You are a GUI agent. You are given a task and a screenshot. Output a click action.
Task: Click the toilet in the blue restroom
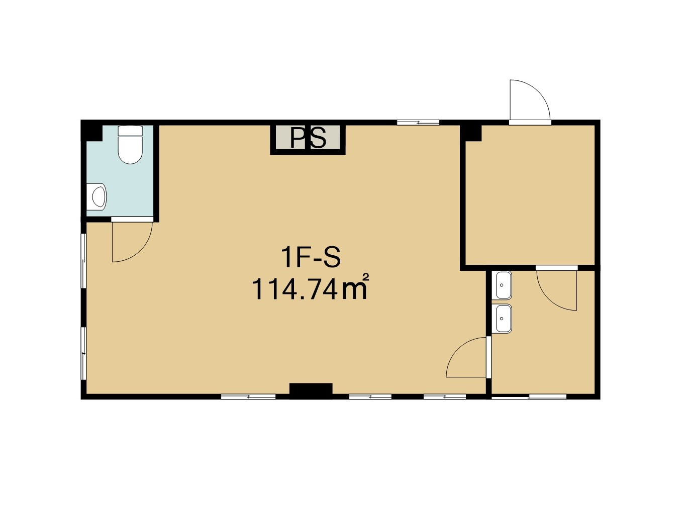[130, 144]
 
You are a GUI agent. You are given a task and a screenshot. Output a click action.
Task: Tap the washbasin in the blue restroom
[96, 197]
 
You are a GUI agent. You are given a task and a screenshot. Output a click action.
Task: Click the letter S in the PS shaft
[318, 138]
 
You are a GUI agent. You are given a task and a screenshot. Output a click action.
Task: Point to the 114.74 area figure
[294, 289]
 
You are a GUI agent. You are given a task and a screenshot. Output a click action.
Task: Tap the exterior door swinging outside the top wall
[530, 100]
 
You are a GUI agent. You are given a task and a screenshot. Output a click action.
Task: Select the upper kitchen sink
[502, 285]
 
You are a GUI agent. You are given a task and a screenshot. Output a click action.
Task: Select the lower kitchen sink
[502, 319]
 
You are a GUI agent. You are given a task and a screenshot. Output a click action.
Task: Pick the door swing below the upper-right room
[556, 290]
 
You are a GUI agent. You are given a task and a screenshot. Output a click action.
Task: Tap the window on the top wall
[418, 123]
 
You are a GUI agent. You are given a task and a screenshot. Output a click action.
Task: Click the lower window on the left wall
[83, 353]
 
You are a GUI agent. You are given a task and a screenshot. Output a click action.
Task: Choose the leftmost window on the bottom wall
[248, 396]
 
